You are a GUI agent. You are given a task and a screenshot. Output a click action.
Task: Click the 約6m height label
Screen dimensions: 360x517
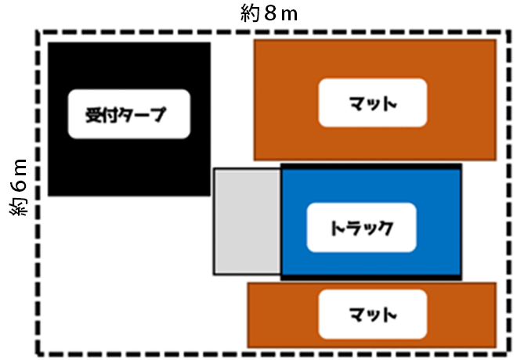pyautogui.click(x=20, y=185)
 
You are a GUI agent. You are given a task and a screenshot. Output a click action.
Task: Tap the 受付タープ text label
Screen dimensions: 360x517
pyautogui.click(x=128, y=114)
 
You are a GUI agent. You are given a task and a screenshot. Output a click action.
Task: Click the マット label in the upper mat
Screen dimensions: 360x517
pyautogui.click(x=373, y=103)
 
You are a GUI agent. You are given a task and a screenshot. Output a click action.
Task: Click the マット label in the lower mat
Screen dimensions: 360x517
pyautogui.click(x=373, y=314)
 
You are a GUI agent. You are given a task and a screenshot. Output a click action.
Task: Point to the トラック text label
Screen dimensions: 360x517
pyautogui.click(x=361, y=228)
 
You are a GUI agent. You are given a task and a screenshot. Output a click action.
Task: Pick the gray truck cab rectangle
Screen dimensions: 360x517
pyautogui.click(x=247, y=221)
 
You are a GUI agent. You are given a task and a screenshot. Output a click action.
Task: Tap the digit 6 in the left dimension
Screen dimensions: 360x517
pyautogui.click(x=20, y=185)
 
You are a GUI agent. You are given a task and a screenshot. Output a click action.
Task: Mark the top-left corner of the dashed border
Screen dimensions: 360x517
pyautogui.click(x=37, y=32)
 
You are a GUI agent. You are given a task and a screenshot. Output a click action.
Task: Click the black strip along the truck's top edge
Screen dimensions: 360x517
pyautogui.click(x=371, y=166)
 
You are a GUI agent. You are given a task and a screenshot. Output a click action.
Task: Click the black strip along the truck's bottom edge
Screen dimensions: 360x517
pyautogui.click(x=371, y=276)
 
